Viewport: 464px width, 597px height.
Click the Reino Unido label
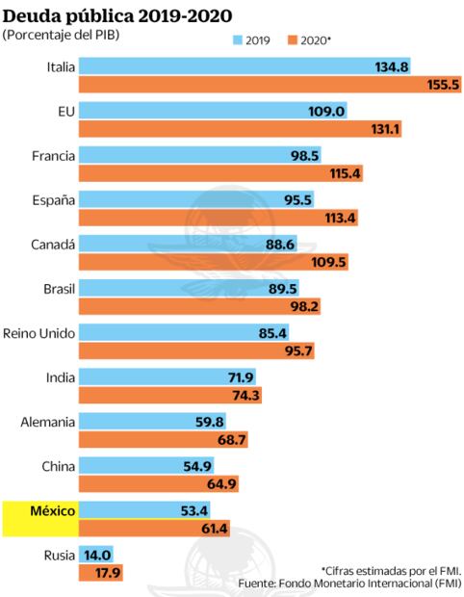click(x=41, y=332)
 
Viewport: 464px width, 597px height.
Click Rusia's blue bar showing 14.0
click(x=96, y=554)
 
